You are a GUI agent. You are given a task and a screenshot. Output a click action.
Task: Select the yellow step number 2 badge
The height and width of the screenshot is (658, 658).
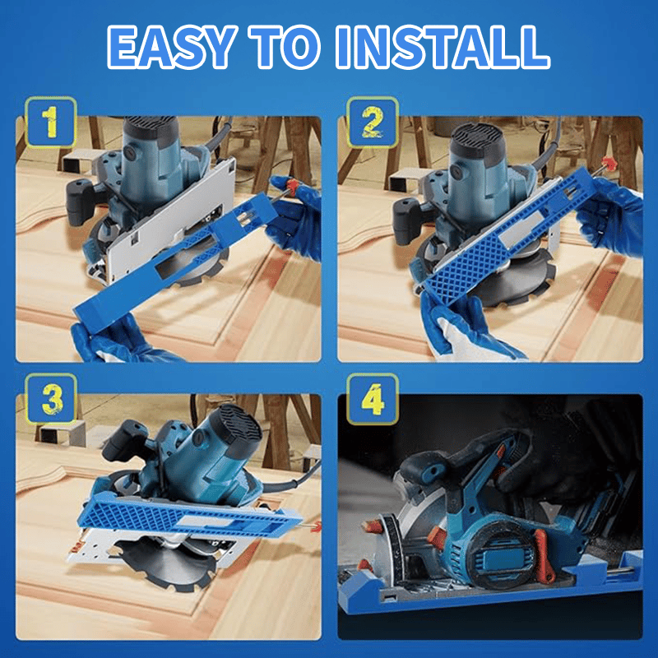tap(372, 123)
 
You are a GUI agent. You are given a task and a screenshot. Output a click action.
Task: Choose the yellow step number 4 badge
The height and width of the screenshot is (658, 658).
tap(372, 401)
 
